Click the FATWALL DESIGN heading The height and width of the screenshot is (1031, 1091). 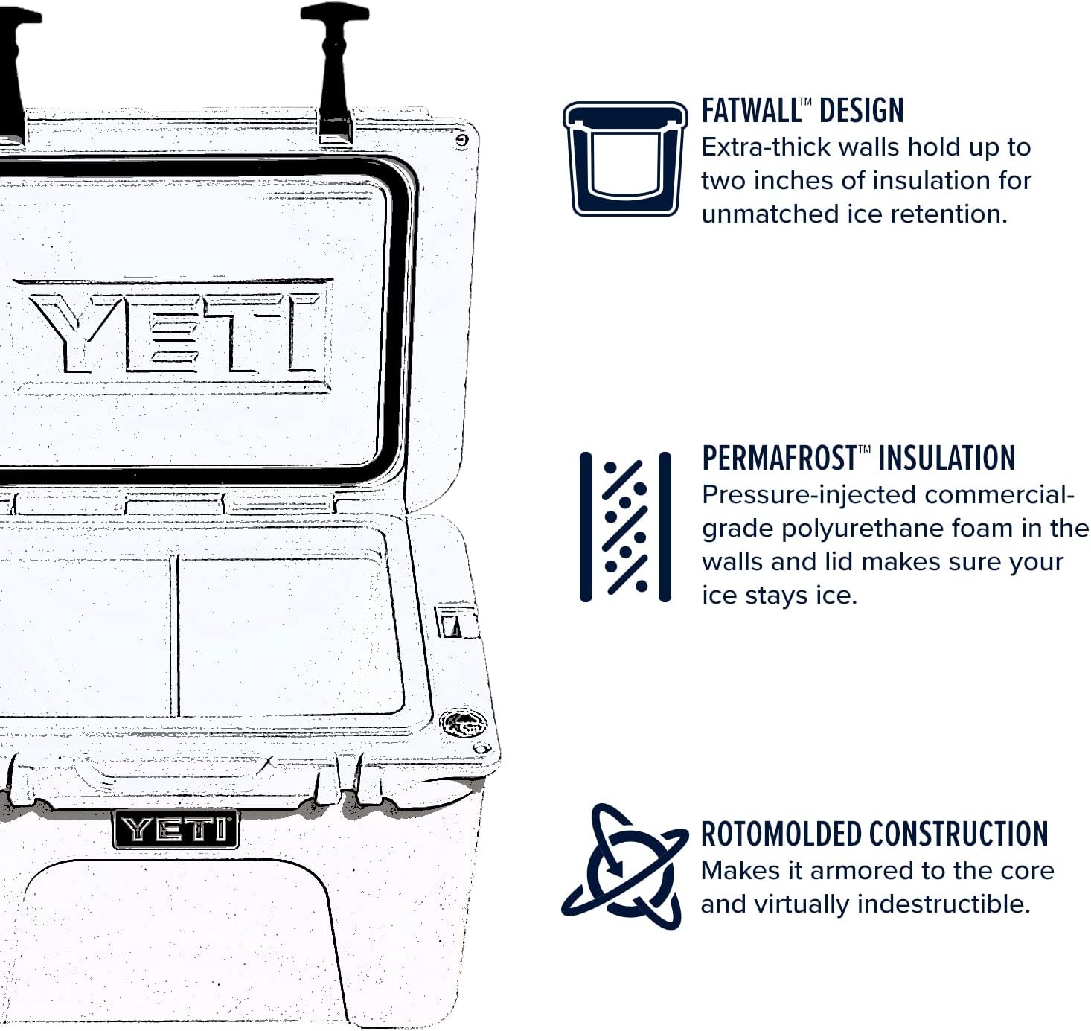[802, 111]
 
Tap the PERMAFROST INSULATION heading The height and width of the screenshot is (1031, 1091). [858, 458]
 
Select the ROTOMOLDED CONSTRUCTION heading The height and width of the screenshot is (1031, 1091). [874, 834]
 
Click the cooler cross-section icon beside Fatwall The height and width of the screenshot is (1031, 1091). [625, 159]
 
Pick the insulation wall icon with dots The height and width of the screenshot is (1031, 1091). [625, 526]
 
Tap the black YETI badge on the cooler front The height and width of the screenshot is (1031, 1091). [176, 829]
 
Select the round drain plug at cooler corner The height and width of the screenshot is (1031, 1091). [463, 722]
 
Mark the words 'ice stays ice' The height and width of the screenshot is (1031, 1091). [779, 596]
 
